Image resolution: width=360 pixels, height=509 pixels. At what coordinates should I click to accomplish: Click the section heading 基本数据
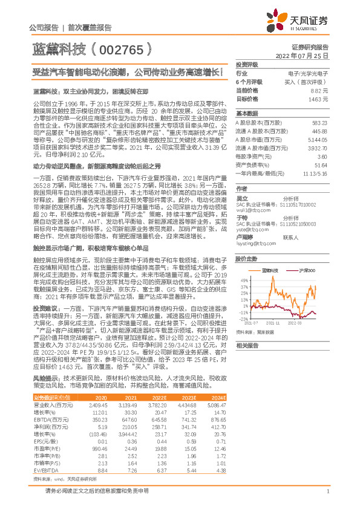click(246, 113)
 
